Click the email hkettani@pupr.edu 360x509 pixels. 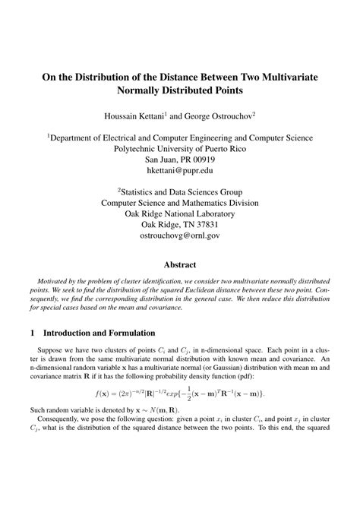[x=179, y=174]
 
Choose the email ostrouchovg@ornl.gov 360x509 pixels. [x=179, y=236]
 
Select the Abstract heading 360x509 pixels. [x=179, y=265]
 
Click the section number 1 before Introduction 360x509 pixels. [x=31, y=333]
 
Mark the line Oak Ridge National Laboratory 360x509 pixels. [x=179, y=212]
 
